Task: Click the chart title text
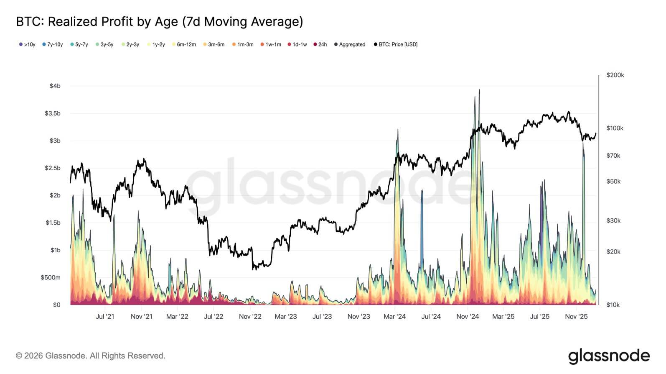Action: click(159, 22)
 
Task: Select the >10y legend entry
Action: click(27, 44)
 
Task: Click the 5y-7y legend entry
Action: click(79, 44)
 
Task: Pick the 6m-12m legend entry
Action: click(184, 44)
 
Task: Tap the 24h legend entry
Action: click(320, 44)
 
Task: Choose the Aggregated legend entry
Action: click(350, 44)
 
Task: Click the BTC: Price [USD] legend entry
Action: click(396, 44)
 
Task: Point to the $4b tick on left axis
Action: click(55, 86)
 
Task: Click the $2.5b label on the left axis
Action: click(53, 168)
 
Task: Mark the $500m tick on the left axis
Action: click(51, 277)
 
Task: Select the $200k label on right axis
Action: click(615, 75)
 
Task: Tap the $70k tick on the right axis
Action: click(613, 155)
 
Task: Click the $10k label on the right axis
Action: click(613, 305)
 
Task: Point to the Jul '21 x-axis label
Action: click(105, 316)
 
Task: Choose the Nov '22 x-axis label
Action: click(250, 316)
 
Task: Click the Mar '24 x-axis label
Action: click(394, 316)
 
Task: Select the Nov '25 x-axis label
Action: click(576, 316)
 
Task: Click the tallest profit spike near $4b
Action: click(479, 90)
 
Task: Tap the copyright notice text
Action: click(91, 356)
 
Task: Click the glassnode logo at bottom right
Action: click(609, 356)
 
